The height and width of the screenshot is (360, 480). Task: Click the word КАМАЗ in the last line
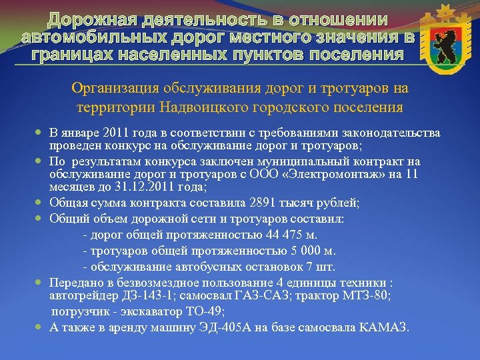pos(385,327)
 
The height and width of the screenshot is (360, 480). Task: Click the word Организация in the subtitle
pos(112,87)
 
